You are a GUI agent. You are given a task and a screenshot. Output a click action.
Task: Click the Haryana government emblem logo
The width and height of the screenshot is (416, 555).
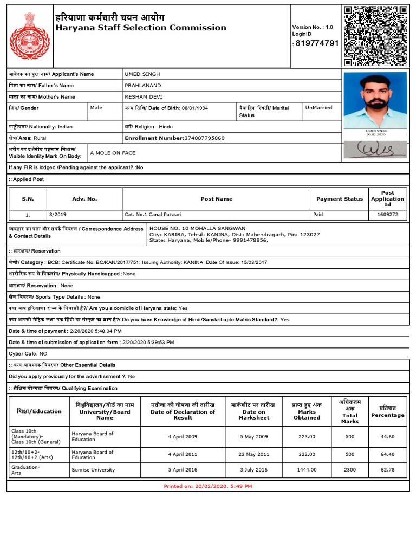click(x=29, y=36)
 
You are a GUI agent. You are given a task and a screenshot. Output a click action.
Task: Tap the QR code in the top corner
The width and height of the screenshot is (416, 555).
click(x=375, y=35)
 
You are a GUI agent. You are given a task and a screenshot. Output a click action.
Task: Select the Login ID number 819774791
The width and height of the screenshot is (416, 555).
click(x=316, y=43)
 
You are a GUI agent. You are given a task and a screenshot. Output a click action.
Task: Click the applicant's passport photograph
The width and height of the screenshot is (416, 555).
click(x=375, y=100)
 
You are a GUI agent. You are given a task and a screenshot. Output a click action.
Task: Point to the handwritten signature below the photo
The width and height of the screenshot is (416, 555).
click(x=375, y=149)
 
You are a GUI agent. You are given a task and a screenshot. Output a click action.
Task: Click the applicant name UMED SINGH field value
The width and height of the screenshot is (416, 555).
click(x=142, y=74)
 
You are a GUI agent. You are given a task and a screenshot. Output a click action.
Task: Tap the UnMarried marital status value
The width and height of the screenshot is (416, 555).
click(x=318, y=108)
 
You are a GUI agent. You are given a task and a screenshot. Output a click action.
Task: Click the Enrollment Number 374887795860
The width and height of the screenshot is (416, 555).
click(x=204, y=138)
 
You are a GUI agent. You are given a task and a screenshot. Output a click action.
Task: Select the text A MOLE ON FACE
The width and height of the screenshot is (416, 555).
click(x=113, y=153)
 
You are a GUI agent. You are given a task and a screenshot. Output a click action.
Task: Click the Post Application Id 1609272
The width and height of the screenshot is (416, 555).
click(x=387, y=215)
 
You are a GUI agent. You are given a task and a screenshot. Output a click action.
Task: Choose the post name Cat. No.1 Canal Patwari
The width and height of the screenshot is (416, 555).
click(x=153, y=215)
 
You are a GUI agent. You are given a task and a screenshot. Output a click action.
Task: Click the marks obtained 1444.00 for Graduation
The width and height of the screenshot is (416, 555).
click(x=307, y=470)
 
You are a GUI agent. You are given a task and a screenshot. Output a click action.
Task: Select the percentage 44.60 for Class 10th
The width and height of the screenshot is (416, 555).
click(x=387, y=436)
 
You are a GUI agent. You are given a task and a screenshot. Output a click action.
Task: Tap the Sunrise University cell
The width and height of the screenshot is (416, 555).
click(x=93, y=470)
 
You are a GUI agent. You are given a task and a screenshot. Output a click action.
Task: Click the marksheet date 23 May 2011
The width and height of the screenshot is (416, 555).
click(x=253, y=455)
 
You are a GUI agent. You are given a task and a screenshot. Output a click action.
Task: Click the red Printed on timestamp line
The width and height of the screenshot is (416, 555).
click(x=208, y=486)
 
